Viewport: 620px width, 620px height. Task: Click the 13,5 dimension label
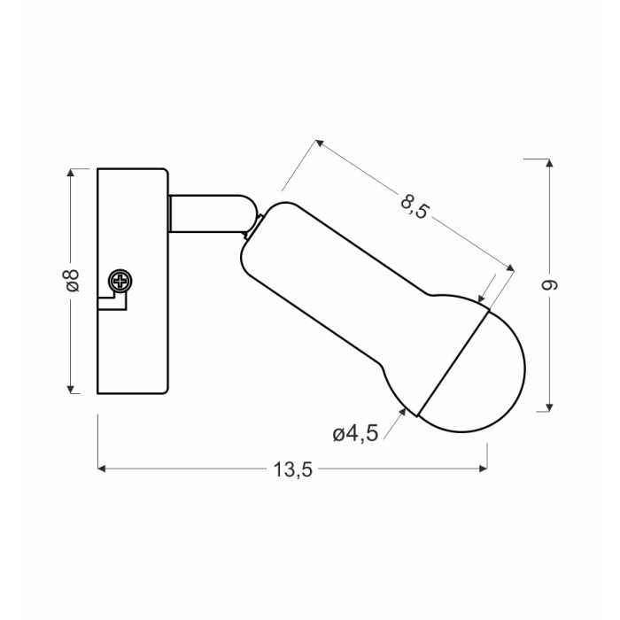[292, 469]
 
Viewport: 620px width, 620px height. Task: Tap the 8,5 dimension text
[415, 205]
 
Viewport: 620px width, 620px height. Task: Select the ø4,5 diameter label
[355, 434]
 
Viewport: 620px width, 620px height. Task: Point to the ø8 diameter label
[72, 281]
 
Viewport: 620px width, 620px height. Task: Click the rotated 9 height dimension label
[549, 284]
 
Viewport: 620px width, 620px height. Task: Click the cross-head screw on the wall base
[120, 281]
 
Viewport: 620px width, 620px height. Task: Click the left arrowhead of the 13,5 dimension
[102, 469]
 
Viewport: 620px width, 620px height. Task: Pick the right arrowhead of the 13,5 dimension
[484, 469]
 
